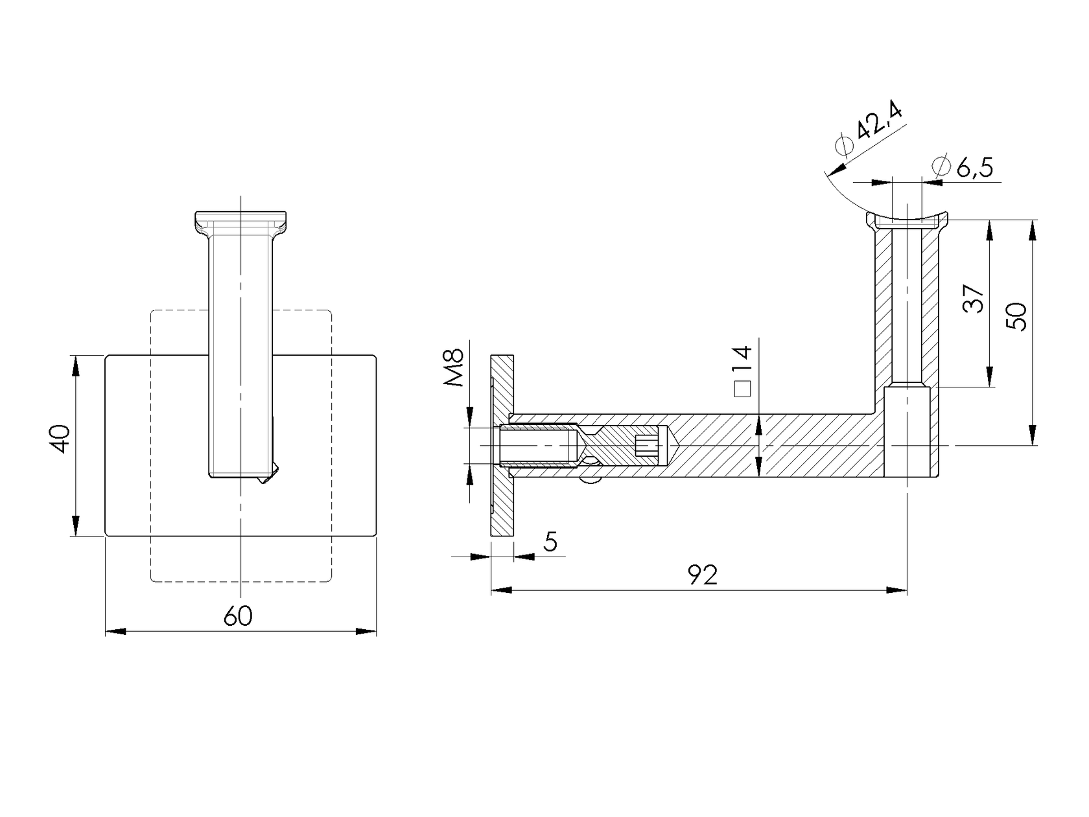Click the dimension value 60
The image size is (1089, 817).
(x=238, y=616)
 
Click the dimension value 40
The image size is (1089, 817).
(x=60, y=439)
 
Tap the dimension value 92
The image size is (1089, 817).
(x=703, y=575)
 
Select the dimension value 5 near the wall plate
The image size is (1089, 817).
(x=550, y=541)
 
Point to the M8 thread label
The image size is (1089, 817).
(x=455, y=368)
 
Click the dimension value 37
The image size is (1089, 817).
(x=974, y=299)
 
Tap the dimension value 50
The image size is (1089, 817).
(x=1018, y=317)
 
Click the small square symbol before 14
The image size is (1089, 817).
(x=743, y=389)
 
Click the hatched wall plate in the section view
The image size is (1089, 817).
(x=502, y=505)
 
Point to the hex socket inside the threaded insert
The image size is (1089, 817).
(x=646, y=445)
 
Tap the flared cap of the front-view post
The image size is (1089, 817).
(x=240, y=222)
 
